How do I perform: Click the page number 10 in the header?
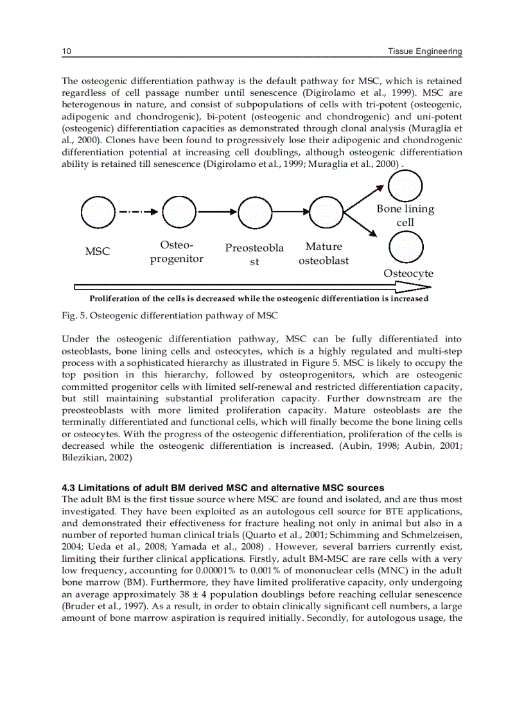65,51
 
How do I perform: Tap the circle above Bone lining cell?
405,186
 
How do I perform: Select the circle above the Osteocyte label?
406,247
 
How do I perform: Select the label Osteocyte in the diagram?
408,274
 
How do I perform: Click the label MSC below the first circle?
98,252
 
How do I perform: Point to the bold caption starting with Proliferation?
259,299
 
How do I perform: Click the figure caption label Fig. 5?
73,315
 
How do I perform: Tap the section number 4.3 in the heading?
69,487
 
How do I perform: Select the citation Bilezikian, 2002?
96,457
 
